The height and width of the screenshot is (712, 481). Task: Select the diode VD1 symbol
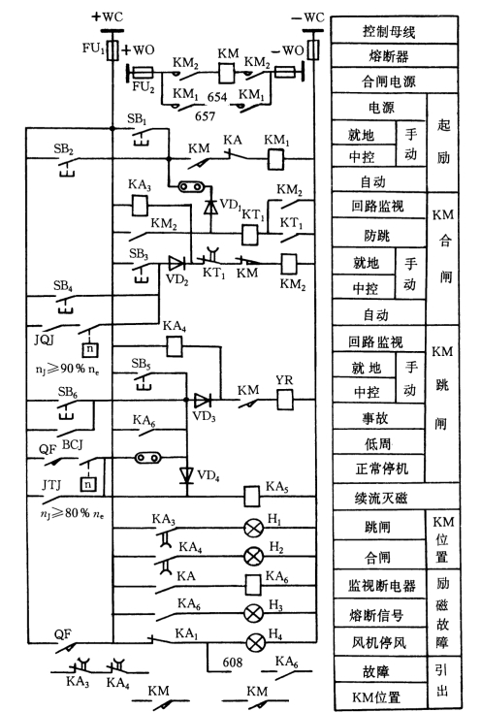pyautogui.click(x=210, y=207)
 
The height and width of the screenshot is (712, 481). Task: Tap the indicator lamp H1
pyautogui.click(x=253, y=528)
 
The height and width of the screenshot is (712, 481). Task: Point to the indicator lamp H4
pyautogui.click(x=255, y=642)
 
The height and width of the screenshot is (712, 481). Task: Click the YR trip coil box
pyautogui.click(x=285, y=400)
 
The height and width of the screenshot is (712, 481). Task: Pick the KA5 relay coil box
pyautogui.click(x=252, y=497)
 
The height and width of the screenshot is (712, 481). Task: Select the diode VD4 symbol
pyautogui.click(x=186, y=475)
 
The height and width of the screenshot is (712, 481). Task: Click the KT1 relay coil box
pyautogui.click(x=250, y=235)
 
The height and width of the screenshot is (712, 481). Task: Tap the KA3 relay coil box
pyautogui.click(x=140, y=206)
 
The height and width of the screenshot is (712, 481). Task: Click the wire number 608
pyautogui.click(x=233, y=663)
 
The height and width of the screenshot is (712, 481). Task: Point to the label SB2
pyautogui.click(x=63, y=148)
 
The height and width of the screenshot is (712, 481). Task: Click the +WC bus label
pyautogui.click(x=108, y=16)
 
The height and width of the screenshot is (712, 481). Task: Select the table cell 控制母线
pyautogui.click(x=395, y=30)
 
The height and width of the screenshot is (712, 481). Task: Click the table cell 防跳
pyautogui.click(x=378, y=234)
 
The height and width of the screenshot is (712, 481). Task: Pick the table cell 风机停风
pyautogui.click(x=380, y=641)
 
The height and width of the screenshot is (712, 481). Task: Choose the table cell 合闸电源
pyautogui.click(x=395, y=81)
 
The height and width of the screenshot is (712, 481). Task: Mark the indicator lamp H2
pyautogui.click(x=253, y=556)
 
